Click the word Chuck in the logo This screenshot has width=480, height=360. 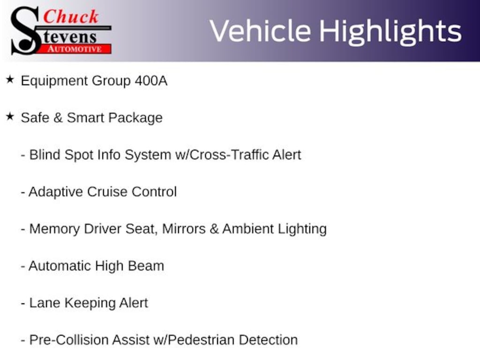[71, 16]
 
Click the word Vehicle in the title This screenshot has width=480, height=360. [260, 31]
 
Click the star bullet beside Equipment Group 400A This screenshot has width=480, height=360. [10, 79]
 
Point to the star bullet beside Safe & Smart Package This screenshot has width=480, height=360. [10, 116]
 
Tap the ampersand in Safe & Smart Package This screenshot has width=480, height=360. [58, 118]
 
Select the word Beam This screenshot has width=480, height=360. [146, 266]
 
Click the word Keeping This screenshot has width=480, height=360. [90, 303]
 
